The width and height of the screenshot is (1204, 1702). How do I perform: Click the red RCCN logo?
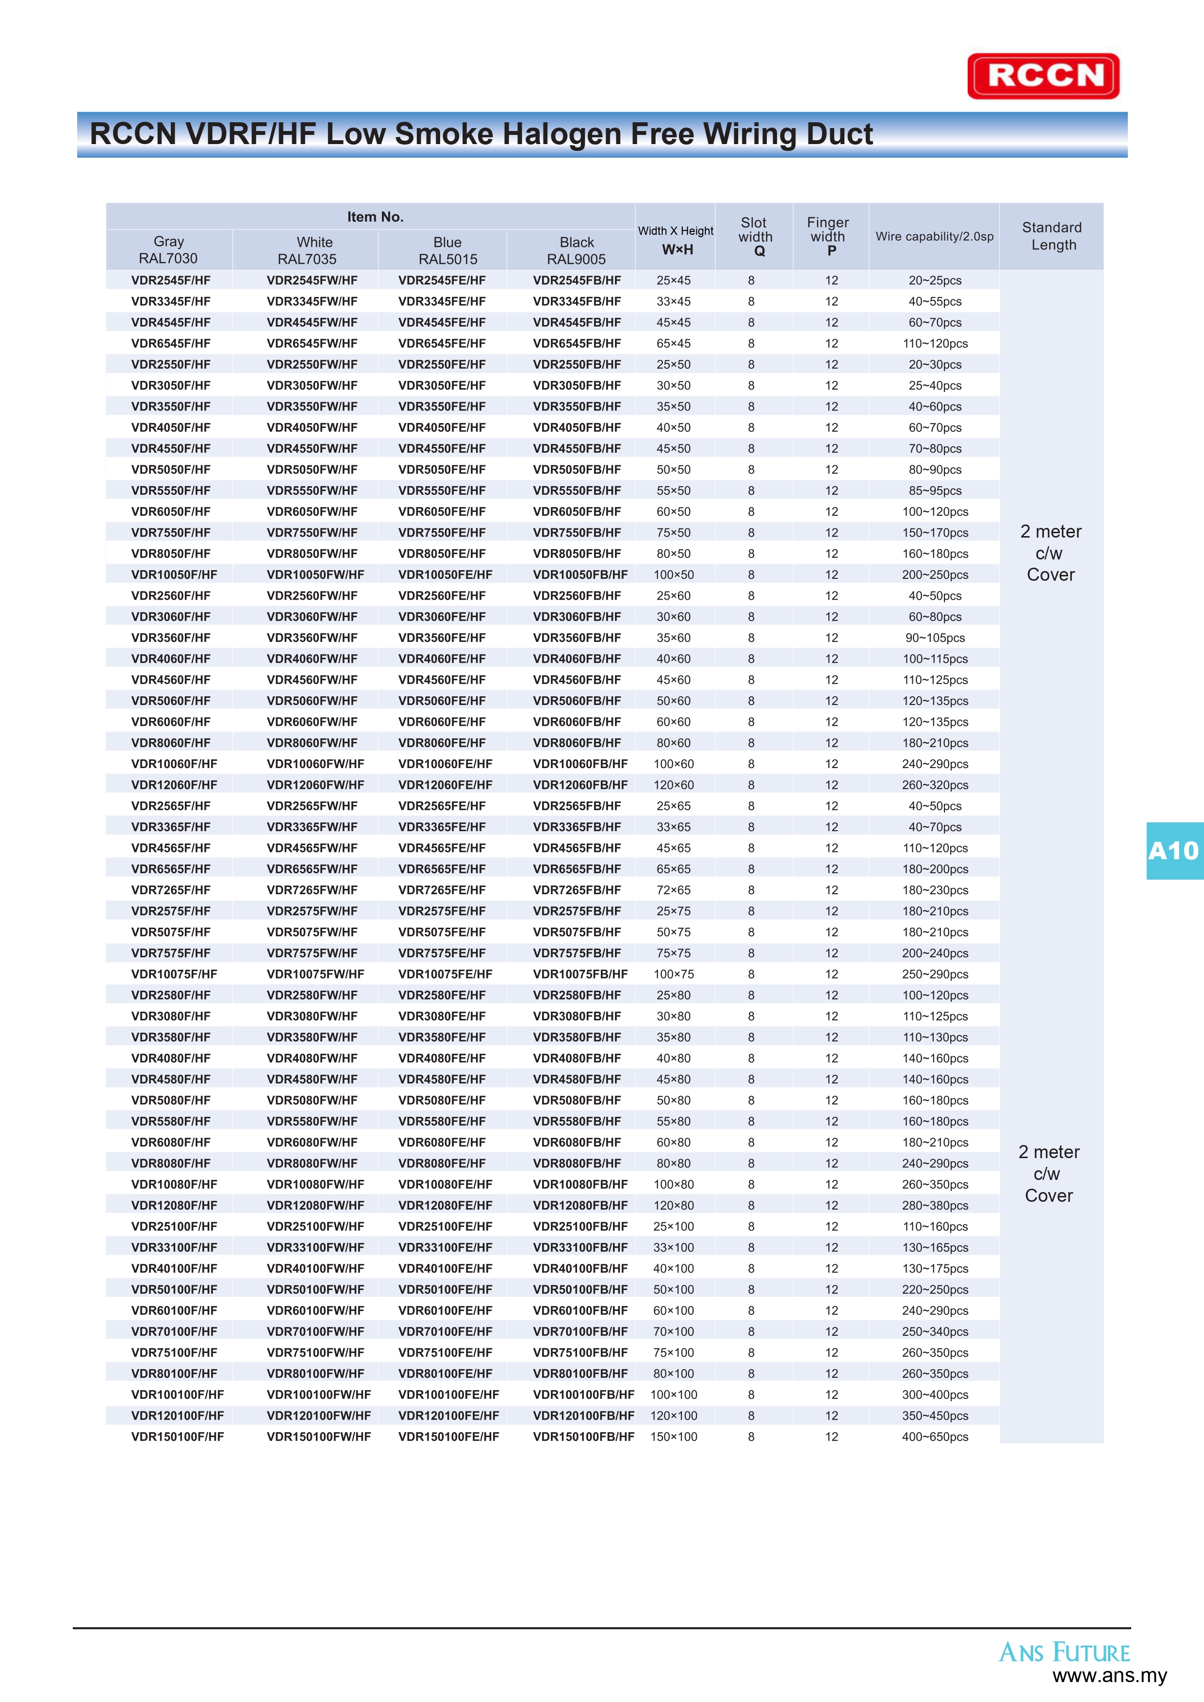click(1043, 76)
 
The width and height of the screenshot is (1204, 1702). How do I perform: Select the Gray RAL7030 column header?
click(168, 250)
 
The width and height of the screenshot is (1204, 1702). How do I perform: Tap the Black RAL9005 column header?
click(577, 250)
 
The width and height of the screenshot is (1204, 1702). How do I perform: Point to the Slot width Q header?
click(755, 236)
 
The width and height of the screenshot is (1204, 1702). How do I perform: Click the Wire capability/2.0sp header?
click(934, 236)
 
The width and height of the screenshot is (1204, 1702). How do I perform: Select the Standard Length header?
click(1052, 236)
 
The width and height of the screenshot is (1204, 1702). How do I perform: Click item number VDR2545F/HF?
click(170, 281)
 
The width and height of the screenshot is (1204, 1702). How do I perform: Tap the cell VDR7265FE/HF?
click(442, 889)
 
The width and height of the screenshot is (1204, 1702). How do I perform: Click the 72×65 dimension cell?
click(673, 889)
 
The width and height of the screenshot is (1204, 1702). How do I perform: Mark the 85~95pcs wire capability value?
click(935, 491)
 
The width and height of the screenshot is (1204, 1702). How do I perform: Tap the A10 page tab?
click(1173, 851)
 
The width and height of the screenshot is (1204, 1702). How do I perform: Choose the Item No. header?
click(375, 216)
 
